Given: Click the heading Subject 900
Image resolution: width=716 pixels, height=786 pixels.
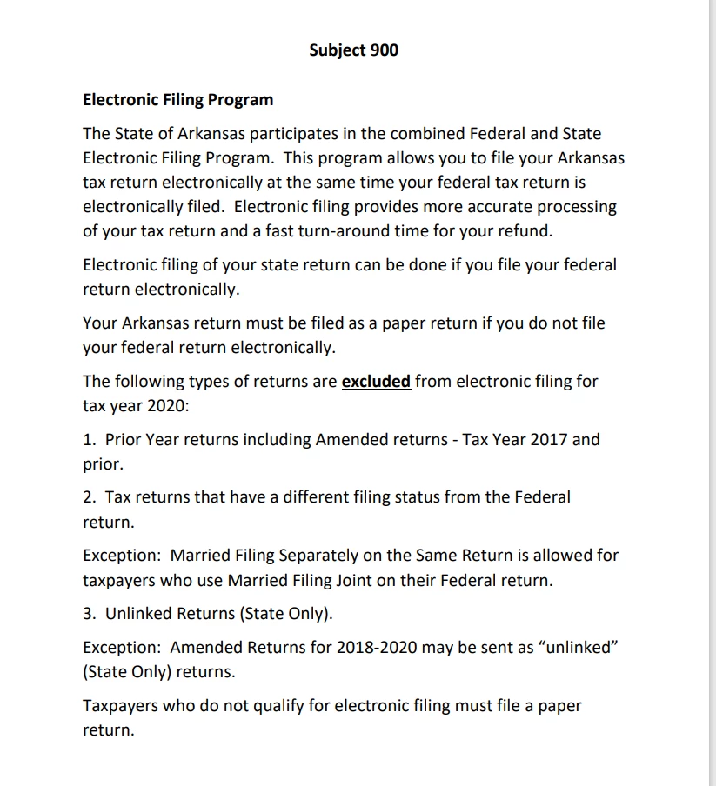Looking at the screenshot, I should point(353,50).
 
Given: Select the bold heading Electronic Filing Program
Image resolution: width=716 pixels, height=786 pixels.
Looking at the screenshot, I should point(177,99).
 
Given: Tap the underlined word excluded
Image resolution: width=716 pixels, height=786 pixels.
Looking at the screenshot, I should point(376,381).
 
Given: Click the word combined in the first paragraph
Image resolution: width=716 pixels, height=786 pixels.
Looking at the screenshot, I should point(410,134).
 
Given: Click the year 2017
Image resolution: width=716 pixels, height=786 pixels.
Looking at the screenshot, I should point(549,439).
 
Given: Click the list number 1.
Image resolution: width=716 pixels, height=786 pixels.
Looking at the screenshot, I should point(87,439).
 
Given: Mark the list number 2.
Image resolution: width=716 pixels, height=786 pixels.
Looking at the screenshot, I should point(88,497).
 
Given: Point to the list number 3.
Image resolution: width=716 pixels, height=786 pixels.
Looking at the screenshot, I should point(88,614).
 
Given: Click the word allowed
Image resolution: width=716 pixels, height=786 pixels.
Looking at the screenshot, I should point(556,555).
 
